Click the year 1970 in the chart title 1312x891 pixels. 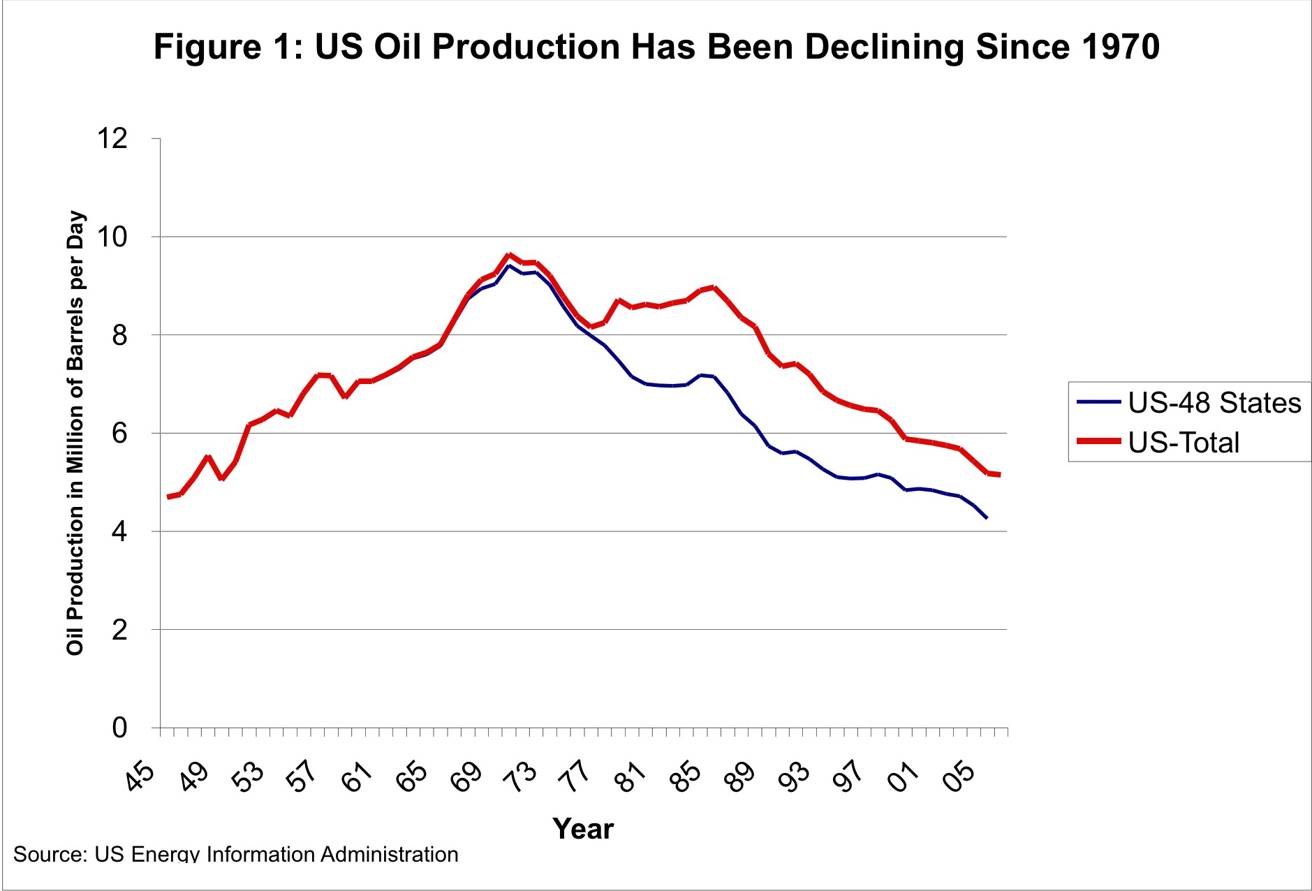(1119, 47)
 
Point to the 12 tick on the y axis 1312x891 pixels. (112, 139)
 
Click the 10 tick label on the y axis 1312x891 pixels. (112, 237)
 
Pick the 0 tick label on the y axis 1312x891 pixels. (119, 728)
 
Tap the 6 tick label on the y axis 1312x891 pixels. (119, 434)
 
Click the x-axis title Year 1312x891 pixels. (582, 829)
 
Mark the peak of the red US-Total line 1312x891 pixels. (509, 255)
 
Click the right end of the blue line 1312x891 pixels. (986, 517)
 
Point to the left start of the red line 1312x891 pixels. (168, 496)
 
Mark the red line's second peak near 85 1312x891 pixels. (713, 287)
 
